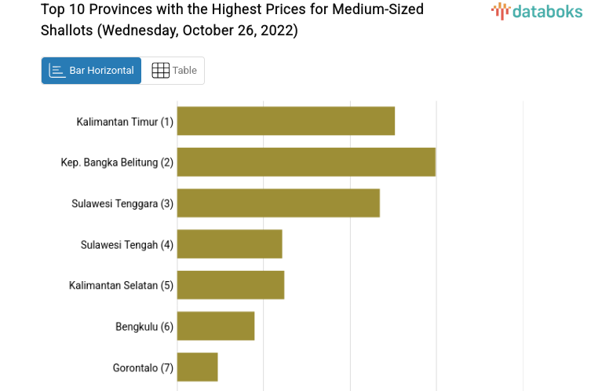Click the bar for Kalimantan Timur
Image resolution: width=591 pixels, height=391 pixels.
click(x=286, y=122)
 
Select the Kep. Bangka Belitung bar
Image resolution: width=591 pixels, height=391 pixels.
click(x=306, y=163)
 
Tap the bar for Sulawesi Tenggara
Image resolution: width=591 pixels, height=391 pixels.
click(x=279, y=203)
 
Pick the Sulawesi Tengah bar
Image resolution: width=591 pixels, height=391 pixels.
click(x=229, y=244)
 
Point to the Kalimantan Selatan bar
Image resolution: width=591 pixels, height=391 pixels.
click(x=231, y=285)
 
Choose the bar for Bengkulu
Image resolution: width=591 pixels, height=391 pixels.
click(x=216, y=326)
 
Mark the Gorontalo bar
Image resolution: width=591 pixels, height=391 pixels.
click(x=197, y=367)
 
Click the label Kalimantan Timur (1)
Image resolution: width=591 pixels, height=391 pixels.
click(x=125, y=122)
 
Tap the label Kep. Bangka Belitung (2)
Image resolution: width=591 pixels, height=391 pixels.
click(x=117, y=163)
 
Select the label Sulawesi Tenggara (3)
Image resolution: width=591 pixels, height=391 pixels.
click(x=122, y=203)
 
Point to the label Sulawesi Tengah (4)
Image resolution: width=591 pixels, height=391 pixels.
click(x=126, y=244)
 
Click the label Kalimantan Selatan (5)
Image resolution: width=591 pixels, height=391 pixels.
click(x=121, y=285)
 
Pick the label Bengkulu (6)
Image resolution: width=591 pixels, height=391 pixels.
click(x=144, y=326)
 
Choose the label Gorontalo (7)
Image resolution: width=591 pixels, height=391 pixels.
click(x=143, y=367)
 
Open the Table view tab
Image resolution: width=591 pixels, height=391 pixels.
click(x=174, y=71)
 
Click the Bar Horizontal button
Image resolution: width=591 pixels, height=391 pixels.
click(x=92, y=71)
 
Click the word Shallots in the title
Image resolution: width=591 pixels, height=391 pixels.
click(x=66, y=31)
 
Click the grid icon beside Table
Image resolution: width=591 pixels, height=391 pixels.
click(x=160, y=71)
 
